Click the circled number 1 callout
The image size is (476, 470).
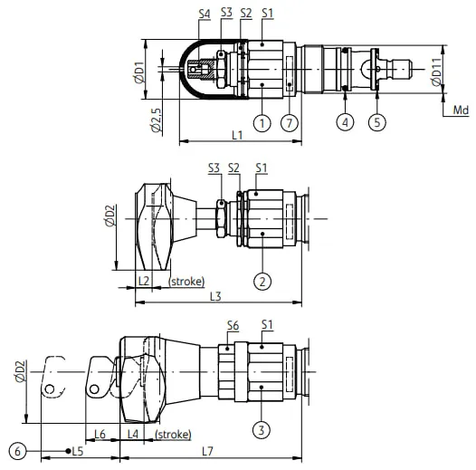click(x=262, y=123)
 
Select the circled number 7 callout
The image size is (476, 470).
click(x=290, y=123)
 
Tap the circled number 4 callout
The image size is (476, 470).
click(x=345, y=122)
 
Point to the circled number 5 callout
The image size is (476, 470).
click(x=377, y=122)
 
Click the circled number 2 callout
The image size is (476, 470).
click(x=262, y=282)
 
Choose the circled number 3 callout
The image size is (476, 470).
click(x=262, y=430)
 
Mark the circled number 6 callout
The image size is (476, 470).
click(x=17, y=451)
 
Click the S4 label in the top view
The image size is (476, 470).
click(x=205, y=14)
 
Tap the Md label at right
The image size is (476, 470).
click(x=461, y=110)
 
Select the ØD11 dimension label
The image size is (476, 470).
click(x=436, y=72)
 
